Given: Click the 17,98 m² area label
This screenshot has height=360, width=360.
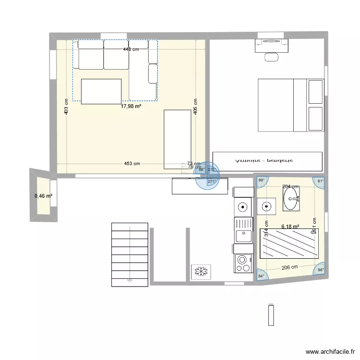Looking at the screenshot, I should point(131,107).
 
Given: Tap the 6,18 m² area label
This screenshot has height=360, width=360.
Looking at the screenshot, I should point(290,227).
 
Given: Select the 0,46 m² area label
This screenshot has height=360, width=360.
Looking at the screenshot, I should point(43,196).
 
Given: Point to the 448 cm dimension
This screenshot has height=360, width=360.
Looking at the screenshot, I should point(131,49).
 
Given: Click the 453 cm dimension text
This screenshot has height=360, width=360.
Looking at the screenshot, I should point(132,164).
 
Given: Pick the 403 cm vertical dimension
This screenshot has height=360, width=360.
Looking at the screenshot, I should point(66,107).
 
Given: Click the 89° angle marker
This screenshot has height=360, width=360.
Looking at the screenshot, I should point(262,180).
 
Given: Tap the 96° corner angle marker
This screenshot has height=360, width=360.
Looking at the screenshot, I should point(320,270).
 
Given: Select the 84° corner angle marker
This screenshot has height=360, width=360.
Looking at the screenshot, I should point(261,276).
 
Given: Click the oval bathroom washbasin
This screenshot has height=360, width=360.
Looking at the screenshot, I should point(290,199).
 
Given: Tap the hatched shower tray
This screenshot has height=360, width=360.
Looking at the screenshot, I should point(289,243).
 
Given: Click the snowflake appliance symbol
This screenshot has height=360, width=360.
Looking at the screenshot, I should point(200,272).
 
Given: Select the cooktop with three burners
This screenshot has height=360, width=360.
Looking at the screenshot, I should point(243,263).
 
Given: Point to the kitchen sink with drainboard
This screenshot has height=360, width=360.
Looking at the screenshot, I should point(243,230).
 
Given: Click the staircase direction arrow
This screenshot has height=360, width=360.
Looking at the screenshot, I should point(130,280).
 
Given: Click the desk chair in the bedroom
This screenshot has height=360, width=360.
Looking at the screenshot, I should point(271,57).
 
